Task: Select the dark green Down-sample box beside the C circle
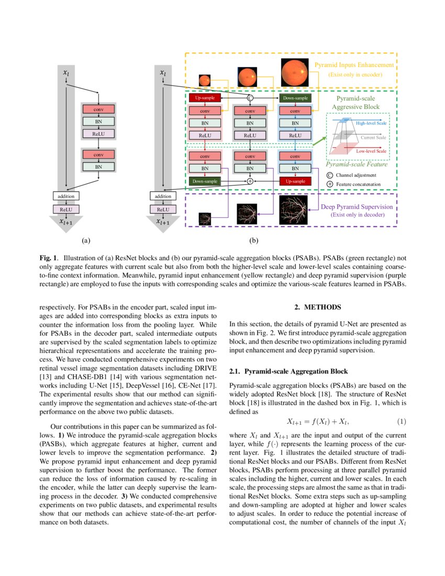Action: coord(295,98)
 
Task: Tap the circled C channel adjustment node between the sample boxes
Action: coord(250,98)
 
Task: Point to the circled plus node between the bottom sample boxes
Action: coord(250,181)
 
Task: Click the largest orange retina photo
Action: coord(295,73)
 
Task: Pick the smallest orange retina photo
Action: coord(204,81)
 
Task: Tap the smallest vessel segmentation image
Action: coord(205,218)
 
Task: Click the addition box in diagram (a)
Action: coord(66,196)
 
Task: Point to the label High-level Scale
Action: coord(371,123)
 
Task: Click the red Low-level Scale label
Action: coord(371,151)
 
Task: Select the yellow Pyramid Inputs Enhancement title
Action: coord(354,65)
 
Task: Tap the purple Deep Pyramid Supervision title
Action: coord(355,206)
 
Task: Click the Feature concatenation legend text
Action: coord(358,184)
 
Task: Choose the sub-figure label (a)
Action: coord(86,241)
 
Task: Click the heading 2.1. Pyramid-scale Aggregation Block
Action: coord(288,371)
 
